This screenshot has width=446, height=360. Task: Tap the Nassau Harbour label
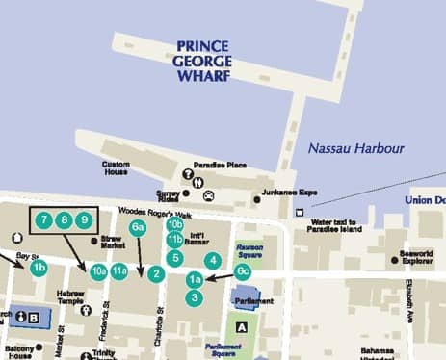tap(355, 149)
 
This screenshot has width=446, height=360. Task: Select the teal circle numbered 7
tap(44, 220)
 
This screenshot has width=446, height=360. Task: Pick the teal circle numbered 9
tap(85, 220)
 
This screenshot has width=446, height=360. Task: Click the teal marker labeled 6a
tap(138, 228)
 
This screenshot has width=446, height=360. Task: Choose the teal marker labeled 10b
tap(174, 225)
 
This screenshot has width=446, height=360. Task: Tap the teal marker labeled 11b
tap(174, 240)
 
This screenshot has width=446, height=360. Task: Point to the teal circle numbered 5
tap(174, 257)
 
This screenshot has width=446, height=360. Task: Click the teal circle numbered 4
tap(213, 259)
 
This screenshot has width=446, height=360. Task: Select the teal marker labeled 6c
tap(243, 272)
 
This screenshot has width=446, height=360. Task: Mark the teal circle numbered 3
tap(195, 297)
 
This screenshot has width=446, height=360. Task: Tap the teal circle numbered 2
tap(155, 272)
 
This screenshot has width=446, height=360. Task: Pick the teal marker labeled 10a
tap(98, 272)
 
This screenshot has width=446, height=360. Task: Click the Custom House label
tap(116, 168)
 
